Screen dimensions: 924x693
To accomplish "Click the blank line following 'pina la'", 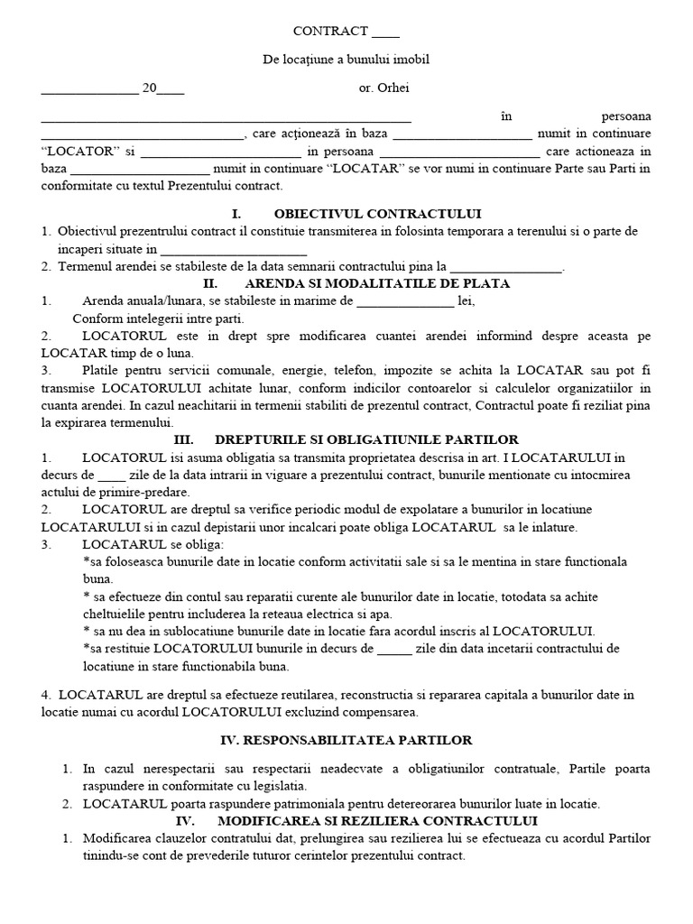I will [504, 267].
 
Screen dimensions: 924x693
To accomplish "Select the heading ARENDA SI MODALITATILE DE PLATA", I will [377, 283].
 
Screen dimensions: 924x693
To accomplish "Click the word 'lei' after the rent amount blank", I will [466, 301].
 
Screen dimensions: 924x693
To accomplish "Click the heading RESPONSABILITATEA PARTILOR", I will [346, 740].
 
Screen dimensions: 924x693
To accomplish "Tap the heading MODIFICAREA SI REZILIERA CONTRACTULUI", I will [377, 820].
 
